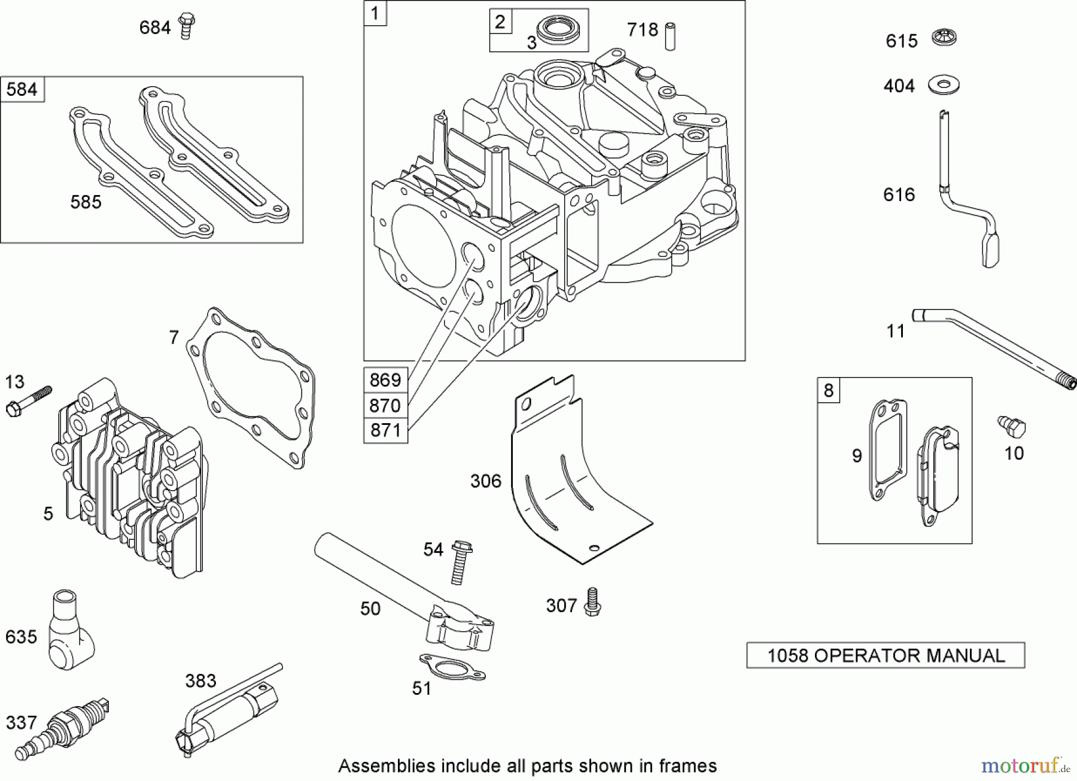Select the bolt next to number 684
click(x=187, y=26)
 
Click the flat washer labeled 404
click(x=944, y=84)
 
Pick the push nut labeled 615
click(x=944, y=39)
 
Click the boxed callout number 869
click(x=385, y=380)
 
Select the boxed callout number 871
click(x=385, y=430)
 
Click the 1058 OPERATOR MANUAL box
click(x=886, y=655)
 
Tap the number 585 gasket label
click(x=86, y=202)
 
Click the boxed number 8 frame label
click(x=828, y=390)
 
